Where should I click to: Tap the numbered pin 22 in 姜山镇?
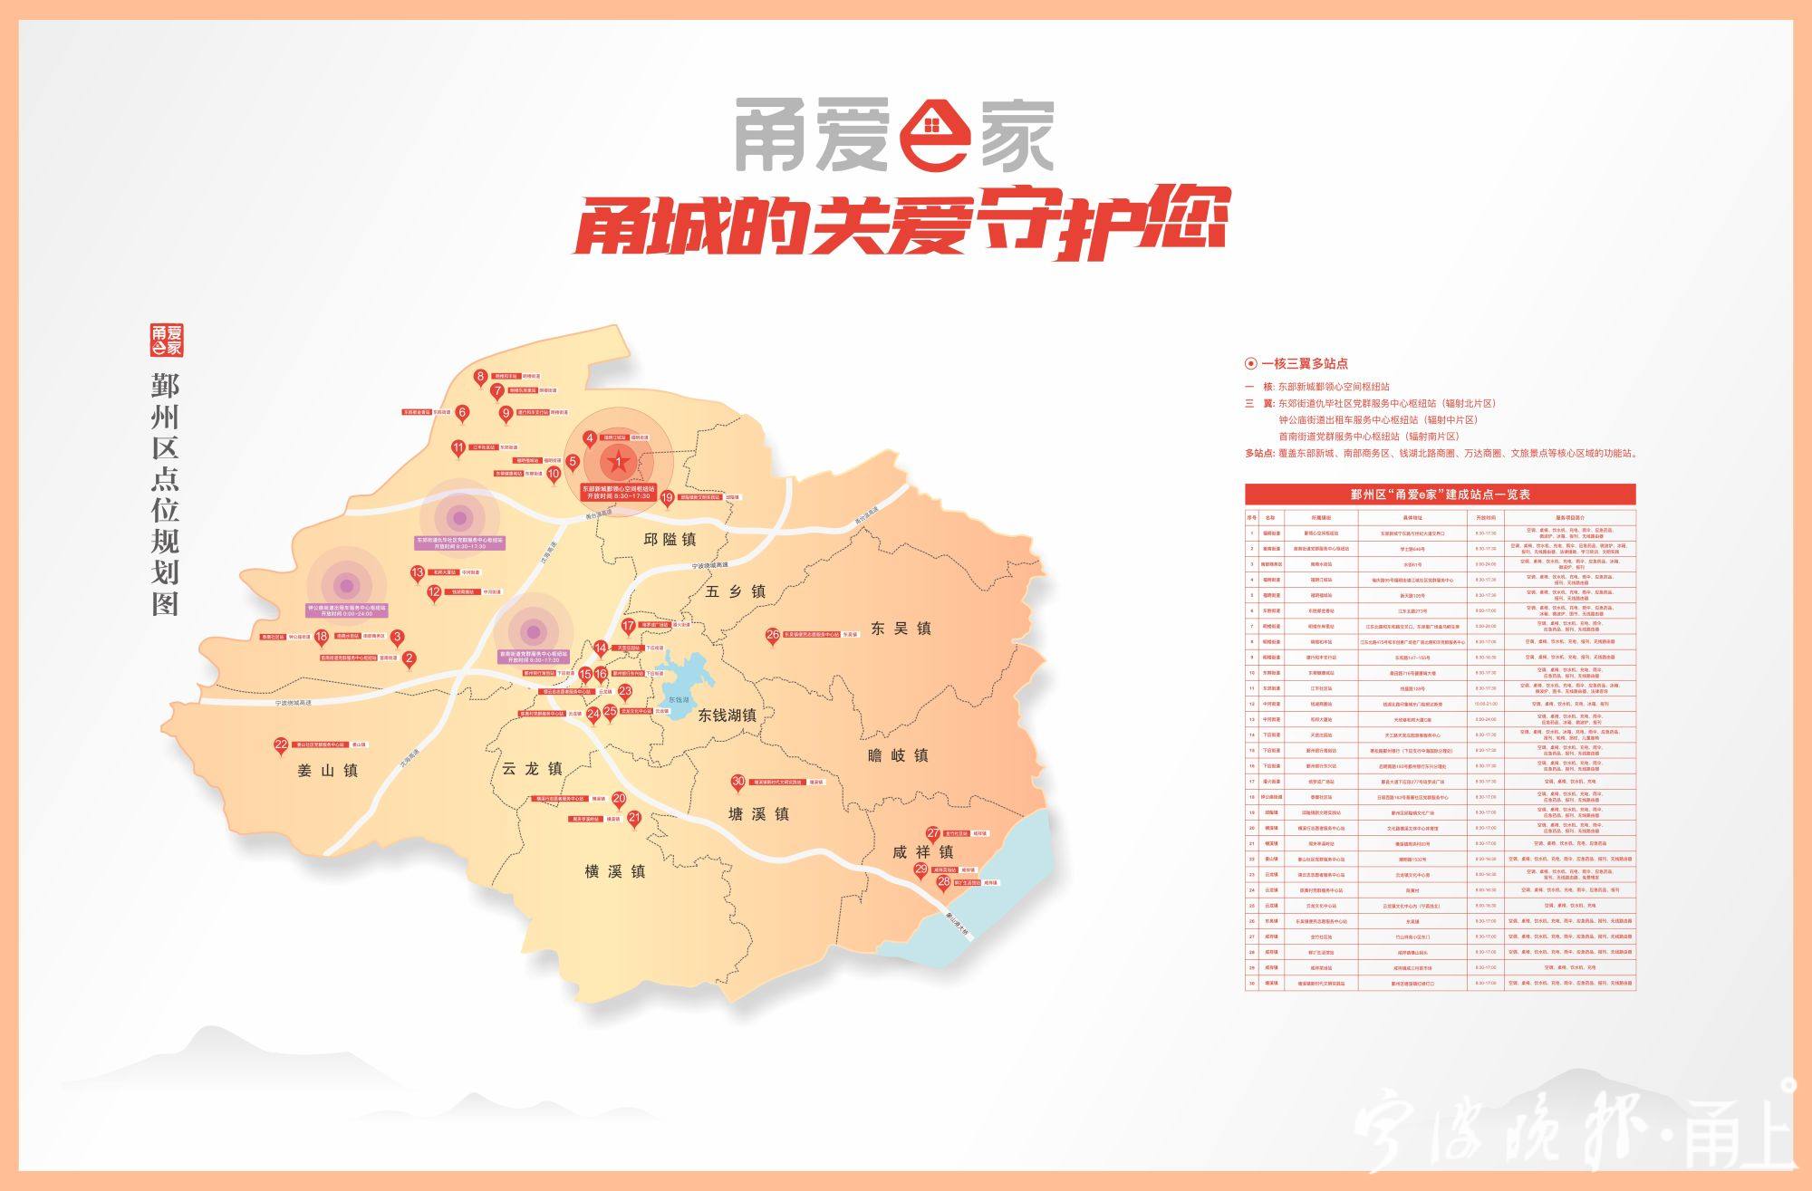281,745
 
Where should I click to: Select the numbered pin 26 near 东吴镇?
772,636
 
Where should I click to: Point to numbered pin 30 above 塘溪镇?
737,782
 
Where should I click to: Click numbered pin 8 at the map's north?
481,377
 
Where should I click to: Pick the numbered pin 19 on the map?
668,497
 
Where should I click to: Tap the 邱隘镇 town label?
670,539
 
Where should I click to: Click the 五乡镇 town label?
735,591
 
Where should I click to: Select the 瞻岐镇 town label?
898,754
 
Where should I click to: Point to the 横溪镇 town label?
614,871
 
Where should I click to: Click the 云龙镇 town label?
532,768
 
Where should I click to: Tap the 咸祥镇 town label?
922,851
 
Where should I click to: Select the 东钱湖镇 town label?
727,715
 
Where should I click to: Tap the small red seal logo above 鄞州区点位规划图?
166,340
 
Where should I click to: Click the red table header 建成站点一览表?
1440,495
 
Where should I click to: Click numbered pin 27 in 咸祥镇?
932,833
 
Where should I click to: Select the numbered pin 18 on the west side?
321,638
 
